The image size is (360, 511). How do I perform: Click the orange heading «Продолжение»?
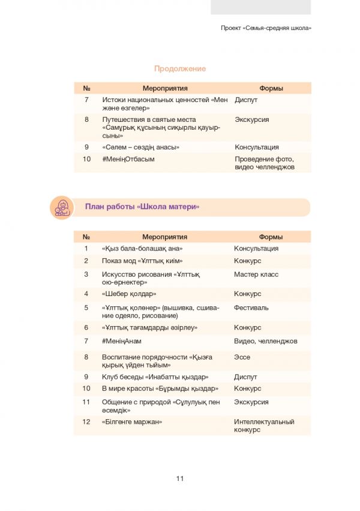click(180, 68)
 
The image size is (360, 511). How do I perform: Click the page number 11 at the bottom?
click(180, 479)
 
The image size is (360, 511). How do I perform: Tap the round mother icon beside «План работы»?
click(61, 207)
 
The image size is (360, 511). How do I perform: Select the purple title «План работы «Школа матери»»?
click(142, 207)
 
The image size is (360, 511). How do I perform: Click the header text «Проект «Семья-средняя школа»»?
click(266, 28)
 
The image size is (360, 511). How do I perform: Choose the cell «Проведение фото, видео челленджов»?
click(265, 163)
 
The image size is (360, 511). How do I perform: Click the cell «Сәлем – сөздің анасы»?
click(141, 147)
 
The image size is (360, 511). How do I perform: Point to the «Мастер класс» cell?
click(256, 274)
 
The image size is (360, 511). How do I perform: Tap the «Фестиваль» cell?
click(251, 307)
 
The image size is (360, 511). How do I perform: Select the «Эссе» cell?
click(242, 357)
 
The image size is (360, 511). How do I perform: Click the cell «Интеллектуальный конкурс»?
click(260, 426)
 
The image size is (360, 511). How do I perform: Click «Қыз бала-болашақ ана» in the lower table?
click(142, 249)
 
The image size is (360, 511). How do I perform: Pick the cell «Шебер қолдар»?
click(129, 294)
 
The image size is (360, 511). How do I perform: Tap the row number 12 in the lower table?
click(86, 422)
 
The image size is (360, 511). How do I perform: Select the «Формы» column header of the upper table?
click(271, 88)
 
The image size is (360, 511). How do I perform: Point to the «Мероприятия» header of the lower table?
click(165, 237)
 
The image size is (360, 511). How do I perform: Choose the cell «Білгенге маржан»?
click(132, 422)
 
